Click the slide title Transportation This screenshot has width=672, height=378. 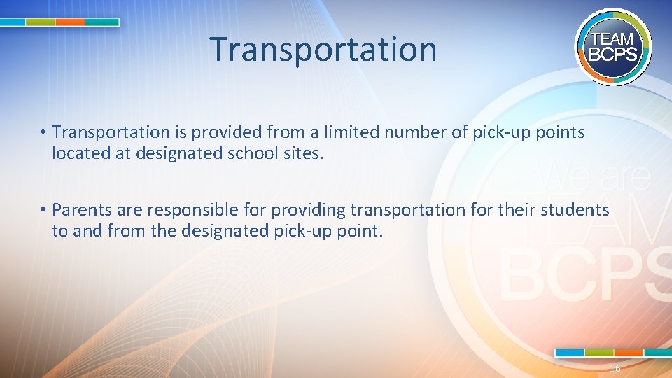323,49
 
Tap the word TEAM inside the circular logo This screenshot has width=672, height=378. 613,40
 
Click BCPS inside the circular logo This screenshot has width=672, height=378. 613,54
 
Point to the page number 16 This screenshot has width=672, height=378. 615,369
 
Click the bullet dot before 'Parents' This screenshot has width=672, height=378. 43,210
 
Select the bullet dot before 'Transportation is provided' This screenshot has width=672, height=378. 43,132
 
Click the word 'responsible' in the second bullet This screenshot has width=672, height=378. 178,209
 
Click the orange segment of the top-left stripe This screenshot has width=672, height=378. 70,22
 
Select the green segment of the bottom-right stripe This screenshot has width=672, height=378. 599,352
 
